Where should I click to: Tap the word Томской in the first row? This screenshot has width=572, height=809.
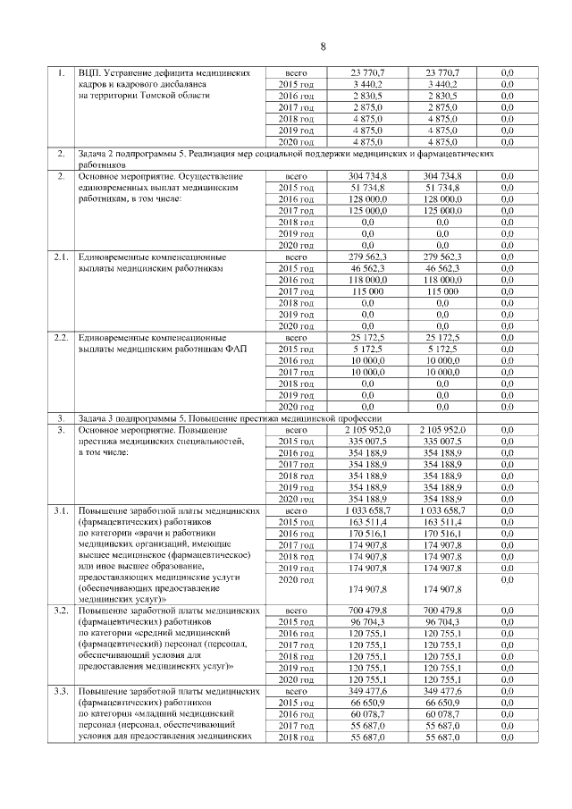click(x=161, y=95)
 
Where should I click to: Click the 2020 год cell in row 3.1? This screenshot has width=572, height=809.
click(x=296, y=579)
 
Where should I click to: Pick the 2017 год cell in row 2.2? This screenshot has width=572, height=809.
click(x=296, y=373)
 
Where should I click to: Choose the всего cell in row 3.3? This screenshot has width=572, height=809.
click(x=296, y=692)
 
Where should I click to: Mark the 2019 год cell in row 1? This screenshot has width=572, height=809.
click(x=296, y=131)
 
